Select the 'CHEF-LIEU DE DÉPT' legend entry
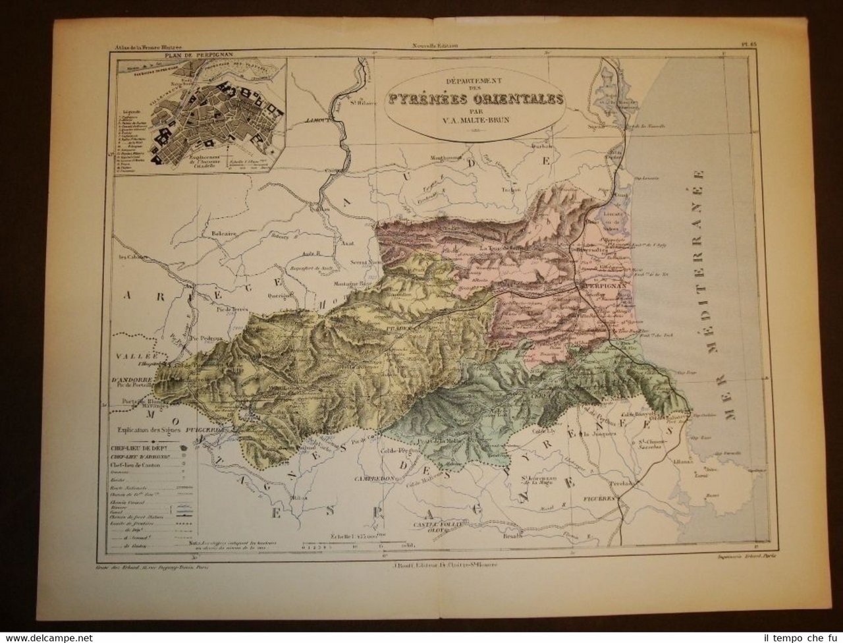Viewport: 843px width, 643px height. [138, 450]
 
